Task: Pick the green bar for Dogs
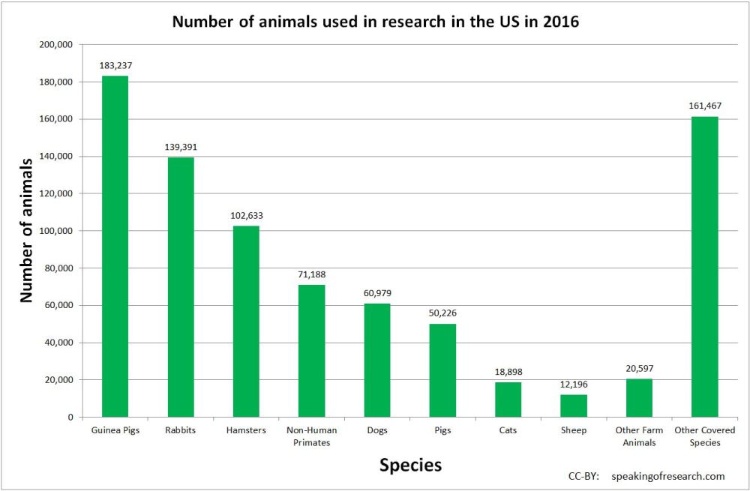[x=377, y=360]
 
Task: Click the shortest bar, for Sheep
[x=574, y=406]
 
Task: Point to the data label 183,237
[x=115, y=65]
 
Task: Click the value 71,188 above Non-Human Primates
[x=311, y=274]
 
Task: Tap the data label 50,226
[x=442, y=313]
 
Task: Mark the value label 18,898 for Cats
[x=508, y=372]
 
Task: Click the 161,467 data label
[x=704, y=106]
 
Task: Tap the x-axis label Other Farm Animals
[x=639, y=436]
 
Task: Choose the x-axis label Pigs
[x=442, y=431]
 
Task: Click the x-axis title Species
[x=410, y=466]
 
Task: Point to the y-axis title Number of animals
[x=26, y=229]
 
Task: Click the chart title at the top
[x=375, y=21]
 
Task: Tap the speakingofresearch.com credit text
[x=667, y=476]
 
